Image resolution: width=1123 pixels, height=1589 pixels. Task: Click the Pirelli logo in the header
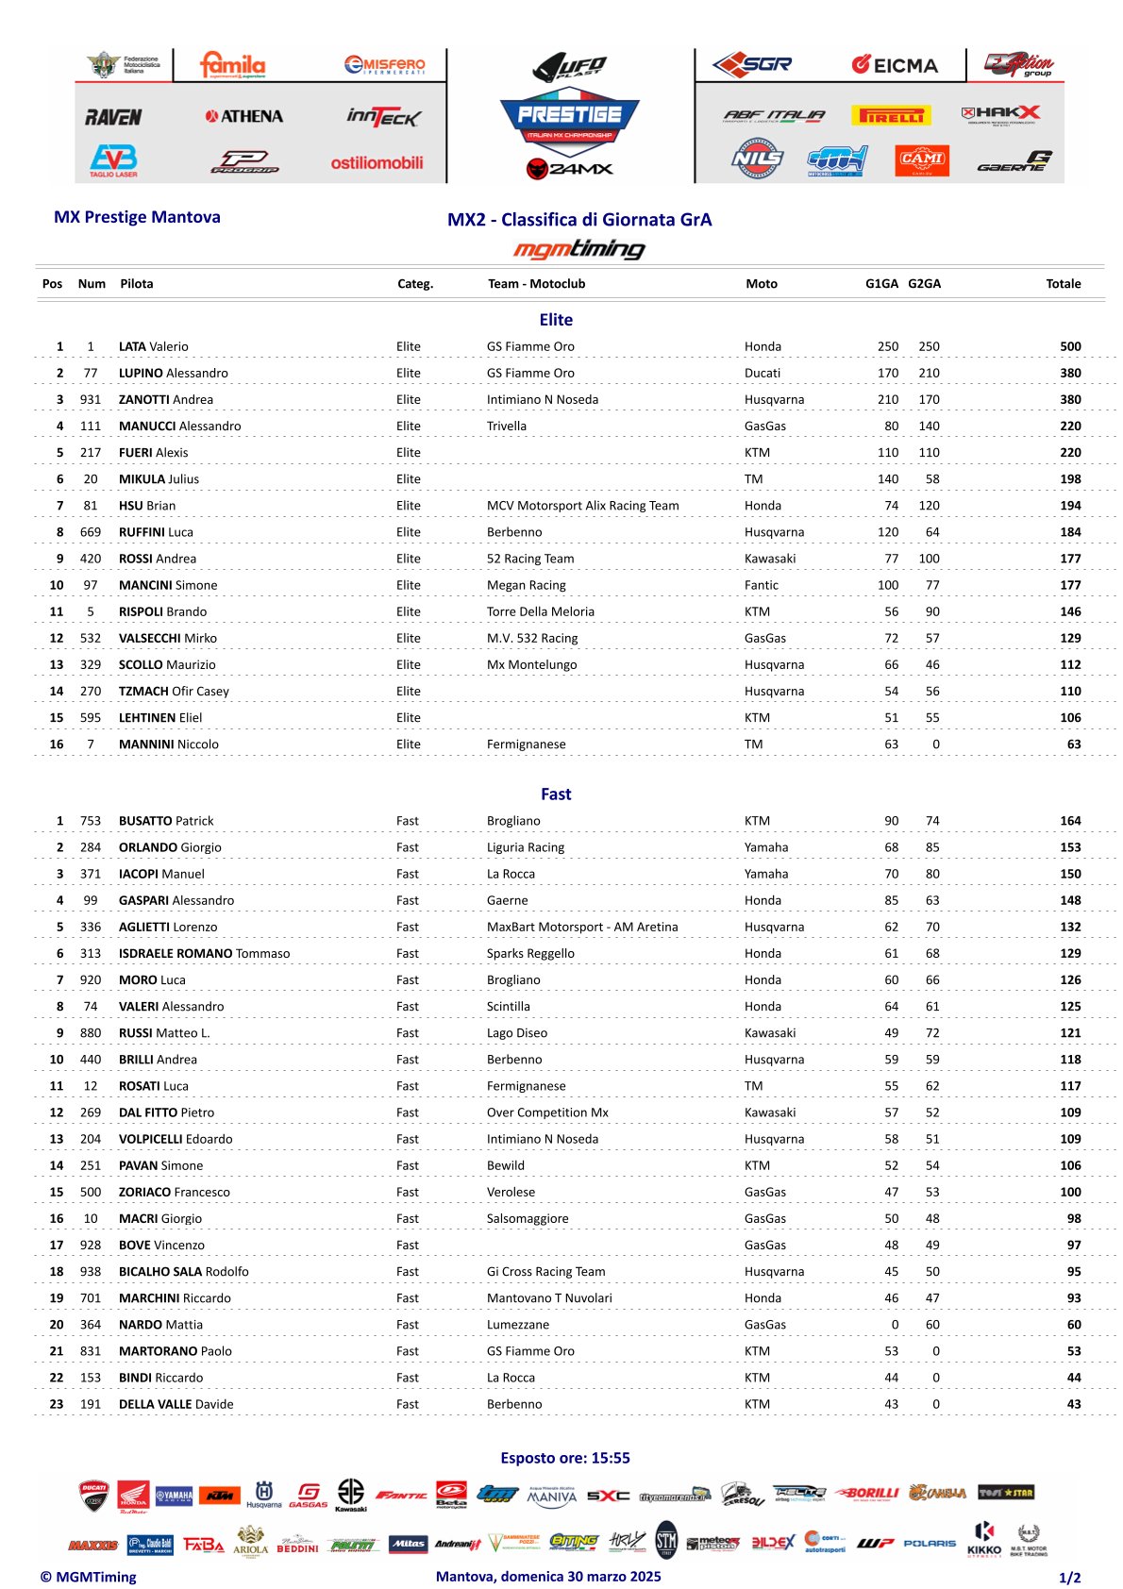pyautogui.click(x=891, y=115)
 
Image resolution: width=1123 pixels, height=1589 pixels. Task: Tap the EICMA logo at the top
pyautogui.click(x=895, y=65)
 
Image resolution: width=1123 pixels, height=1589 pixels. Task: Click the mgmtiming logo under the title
pyautogui.click(x=578, y=249)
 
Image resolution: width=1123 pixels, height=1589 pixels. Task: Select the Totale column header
pyautogui.click(x=1063, y=283)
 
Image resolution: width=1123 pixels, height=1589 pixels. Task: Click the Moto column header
pyautogui.click(x=762, y=283)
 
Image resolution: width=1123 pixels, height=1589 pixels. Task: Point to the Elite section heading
pyautogui.click(x=556, y=320)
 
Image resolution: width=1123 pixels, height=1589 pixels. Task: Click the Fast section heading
pyautogui.click(x=556, y=794)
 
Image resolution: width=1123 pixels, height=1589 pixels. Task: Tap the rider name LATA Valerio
pyautogui.click(x=154, y=346)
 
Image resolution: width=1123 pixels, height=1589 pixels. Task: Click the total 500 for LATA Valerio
pyautogui.click(x=1070, y=346)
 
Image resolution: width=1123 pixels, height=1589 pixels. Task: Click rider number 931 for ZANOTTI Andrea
pyautogui.click(x=91, y=399)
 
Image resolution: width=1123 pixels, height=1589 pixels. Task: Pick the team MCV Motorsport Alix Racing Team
pyautogui.click(x=582, y=506)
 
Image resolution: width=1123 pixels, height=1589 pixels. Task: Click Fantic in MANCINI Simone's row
pyautogui.click(x=762, y=585)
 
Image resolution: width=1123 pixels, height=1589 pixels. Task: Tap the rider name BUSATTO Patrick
pyautogui.click(x=166, y=821)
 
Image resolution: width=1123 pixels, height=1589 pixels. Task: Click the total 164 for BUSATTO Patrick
pyautogui.click(x=1070, y=821)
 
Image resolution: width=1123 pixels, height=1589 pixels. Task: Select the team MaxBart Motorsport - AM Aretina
pyautogui.click(x=582, y=927)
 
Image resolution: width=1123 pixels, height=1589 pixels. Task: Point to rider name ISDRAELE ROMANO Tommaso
pyautogui.click(x=204, y=953)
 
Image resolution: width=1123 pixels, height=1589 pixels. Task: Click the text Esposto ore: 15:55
pyautogui.click(x=565, y=1458)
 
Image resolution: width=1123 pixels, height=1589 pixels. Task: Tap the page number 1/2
pyautogui.click(x=1069, y=1578)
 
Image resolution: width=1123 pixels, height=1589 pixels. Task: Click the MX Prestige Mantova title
pyautogui.click(x=137, y=217)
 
